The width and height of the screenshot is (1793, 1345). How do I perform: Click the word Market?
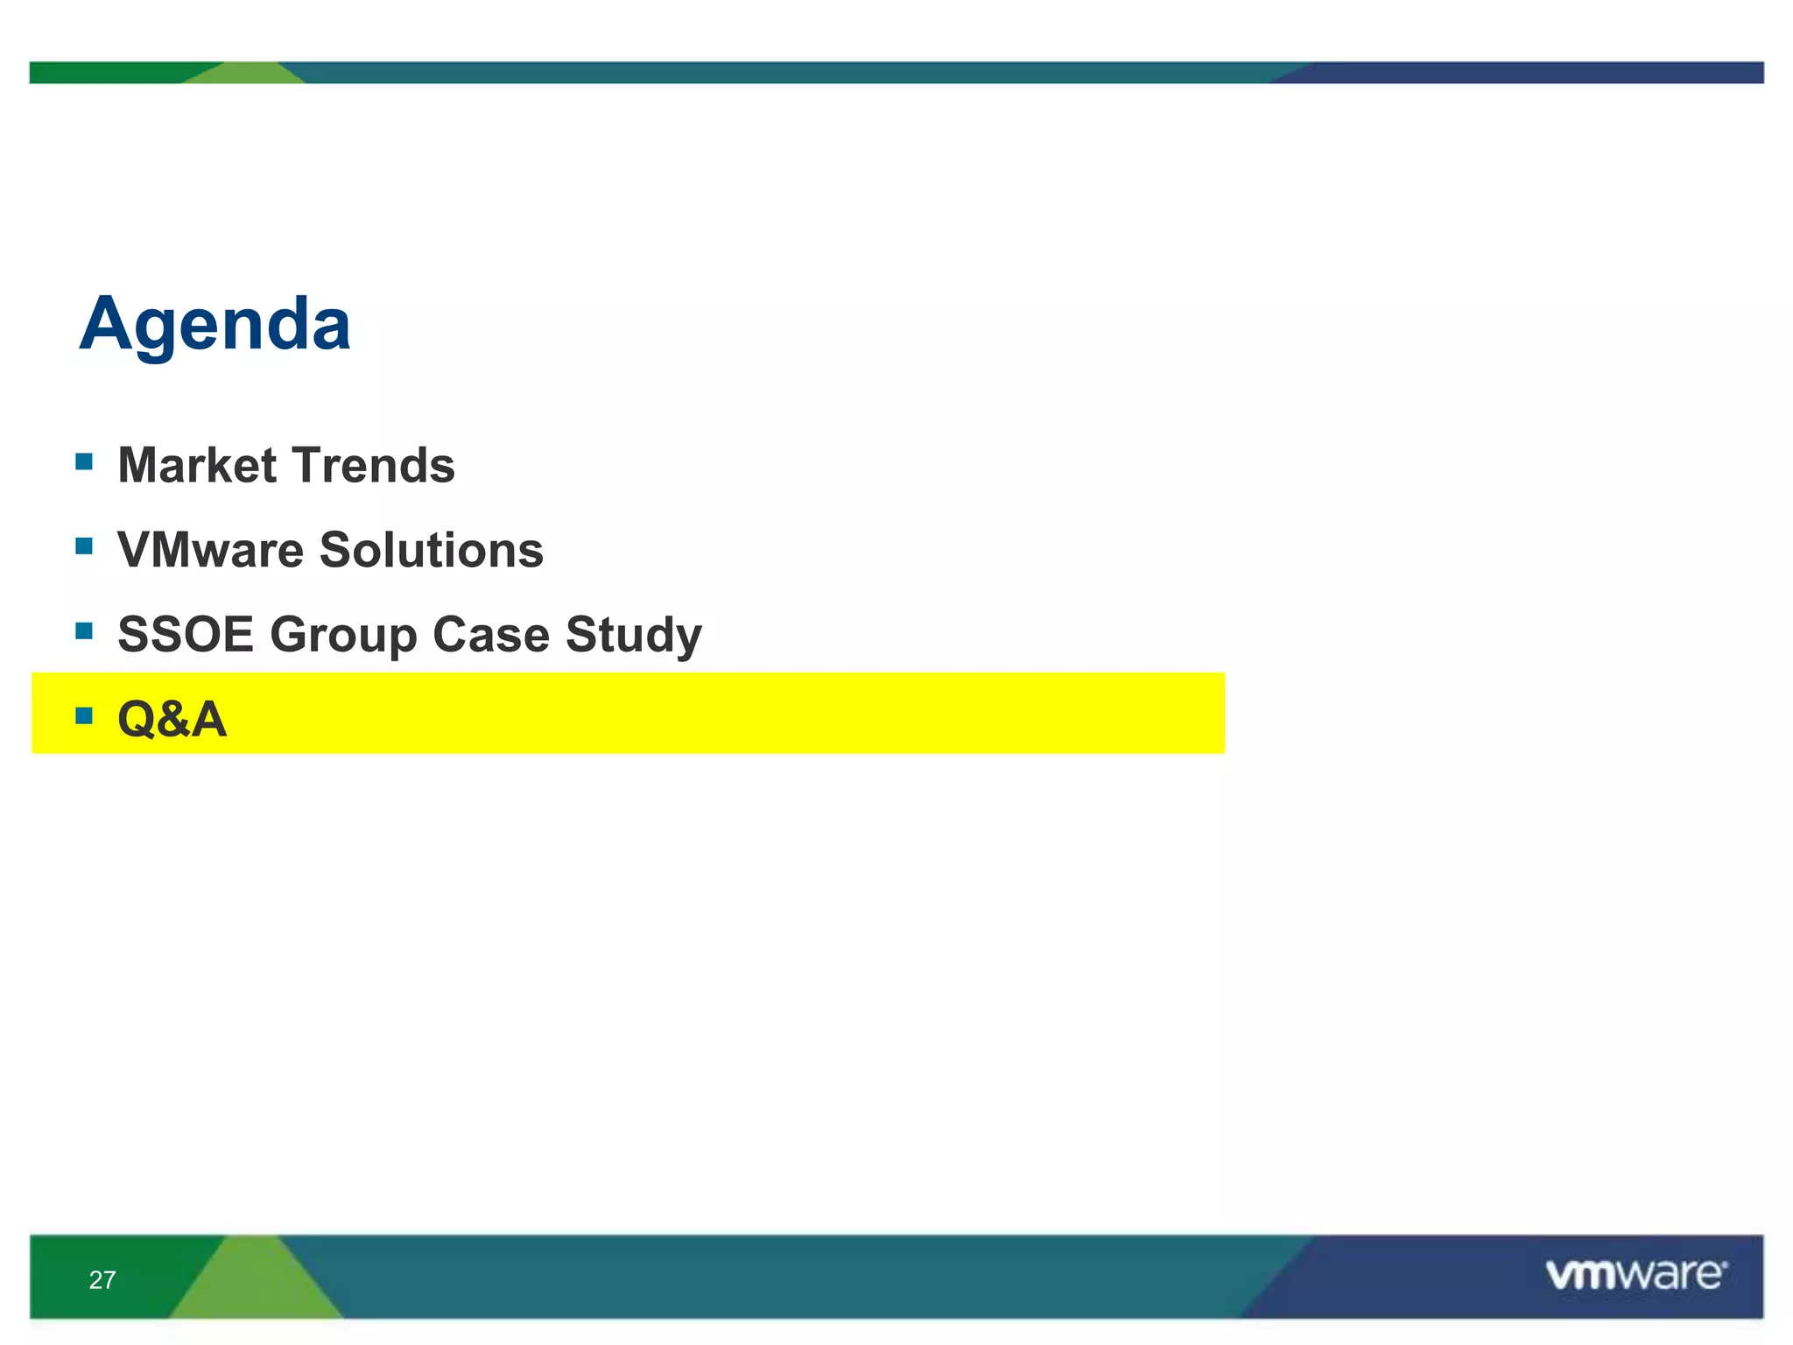pos(197,465)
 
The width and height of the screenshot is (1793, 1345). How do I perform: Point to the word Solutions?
pos(431,550)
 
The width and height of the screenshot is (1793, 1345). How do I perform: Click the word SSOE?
pos(185,634)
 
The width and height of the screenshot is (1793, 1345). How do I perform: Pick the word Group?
pos(342,636)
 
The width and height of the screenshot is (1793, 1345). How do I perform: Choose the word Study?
pos(634,636)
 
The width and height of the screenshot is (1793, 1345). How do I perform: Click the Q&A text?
pos(172,720)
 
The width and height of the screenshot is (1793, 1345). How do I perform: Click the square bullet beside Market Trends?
pos(84,461)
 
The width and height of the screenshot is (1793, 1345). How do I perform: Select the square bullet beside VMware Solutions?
pos(84,546)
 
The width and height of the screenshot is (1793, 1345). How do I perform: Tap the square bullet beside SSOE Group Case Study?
pos(84,630)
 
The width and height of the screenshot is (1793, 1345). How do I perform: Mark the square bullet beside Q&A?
pos(84,715)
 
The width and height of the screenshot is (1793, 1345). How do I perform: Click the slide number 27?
pos(102,1280)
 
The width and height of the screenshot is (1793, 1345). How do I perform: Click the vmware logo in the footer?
pos(1635,1275)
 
